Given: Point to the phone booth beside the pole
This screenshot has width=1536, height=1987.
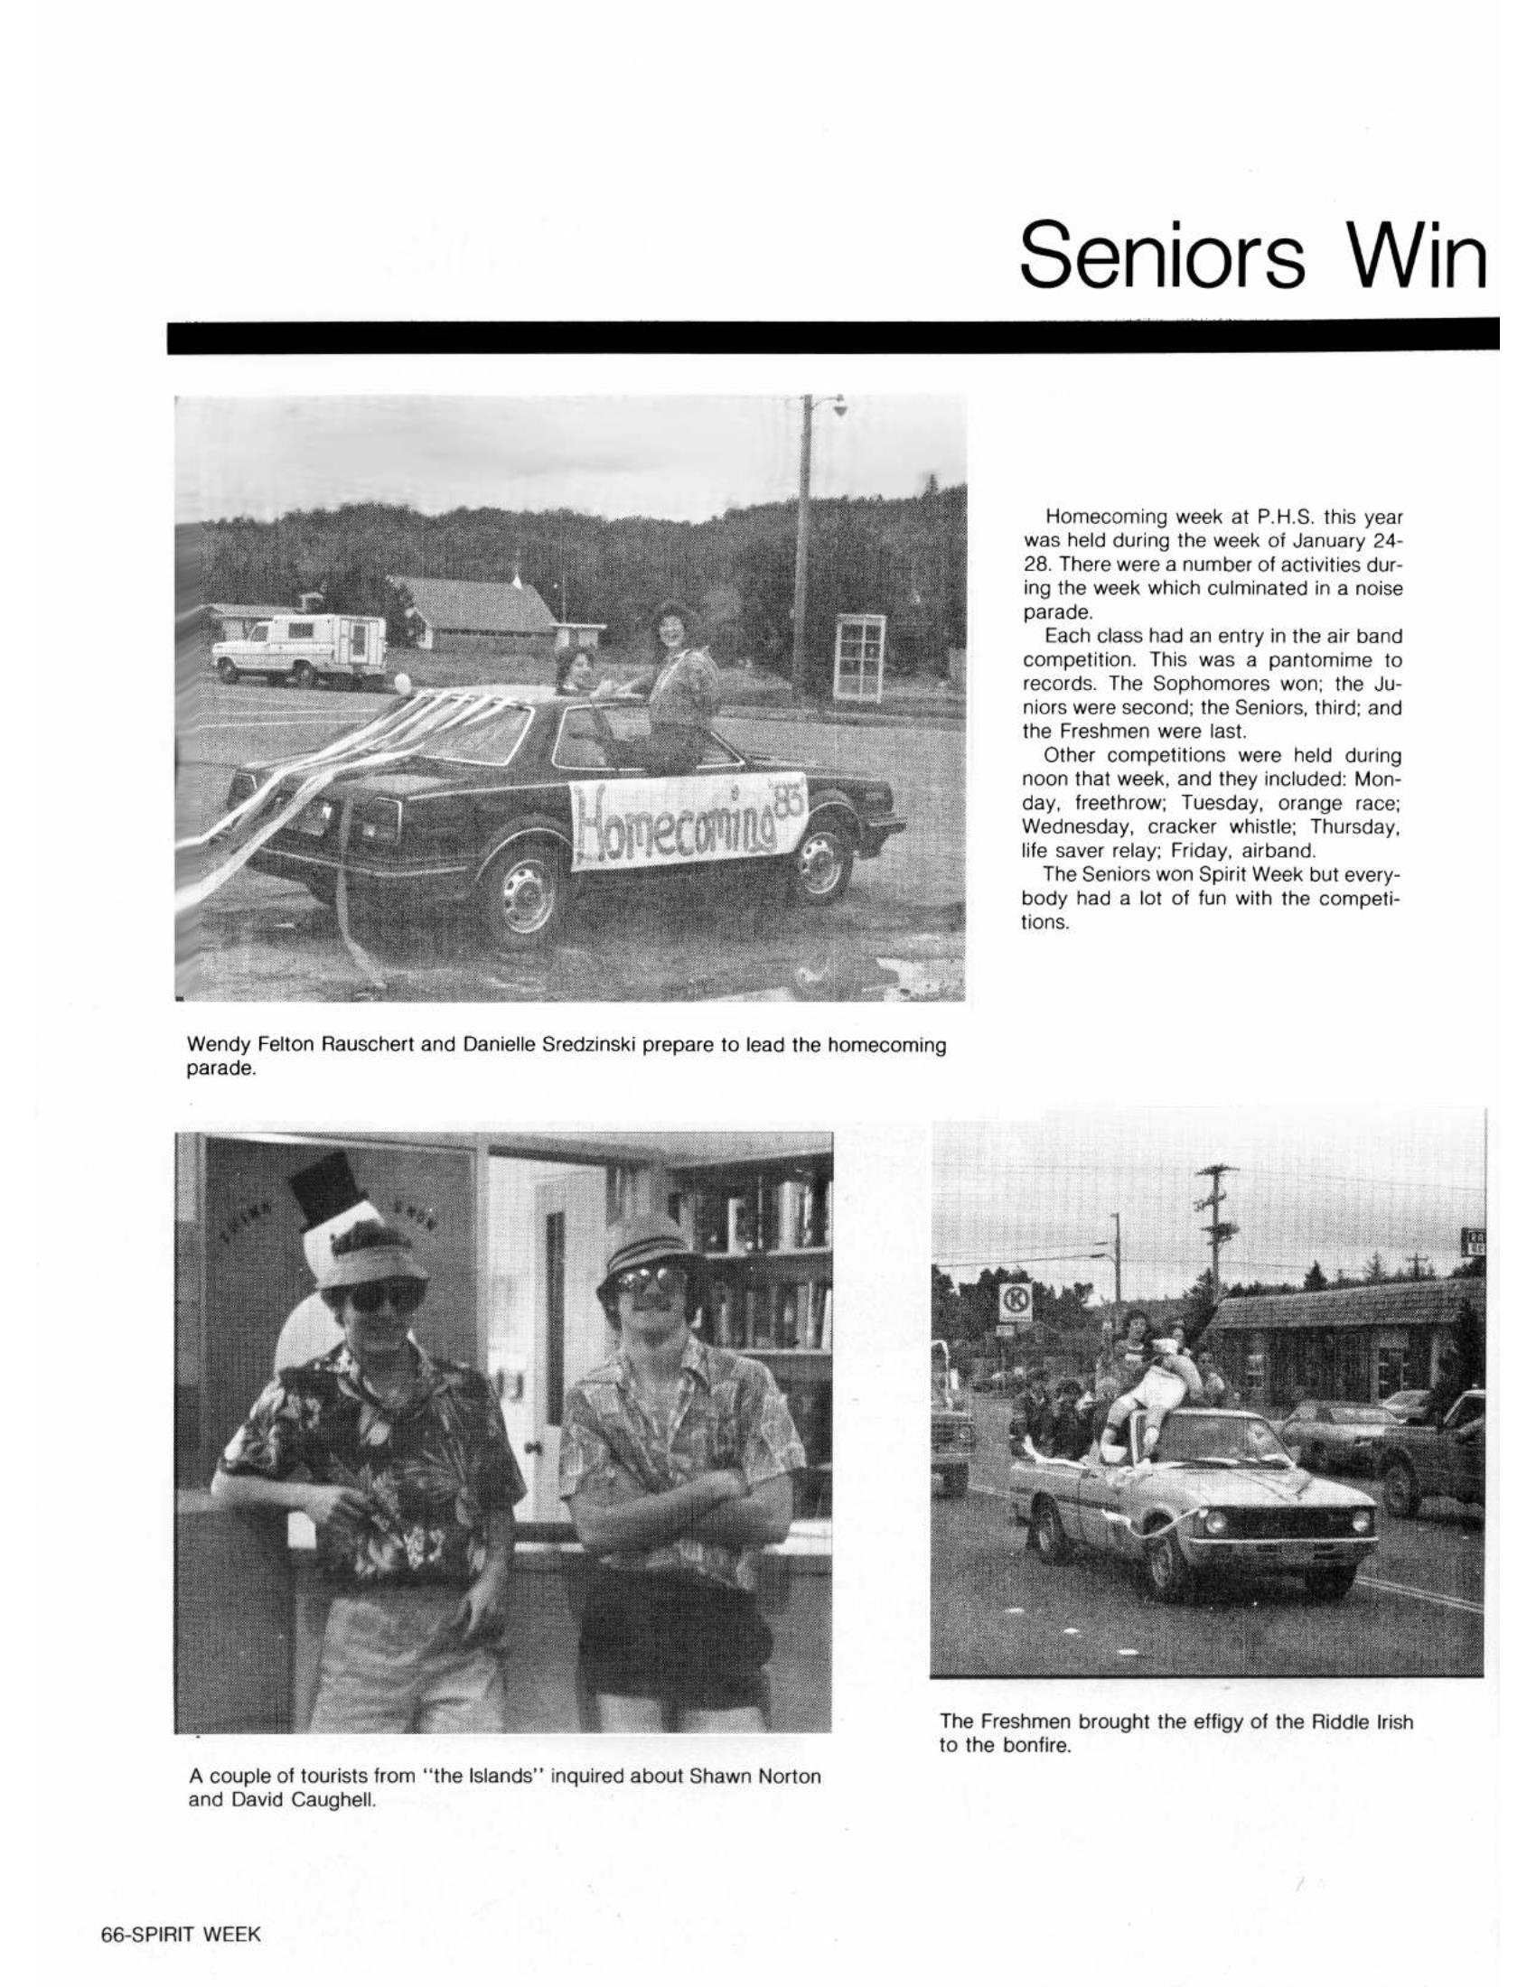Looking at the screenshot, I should [x=861, y=657].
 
